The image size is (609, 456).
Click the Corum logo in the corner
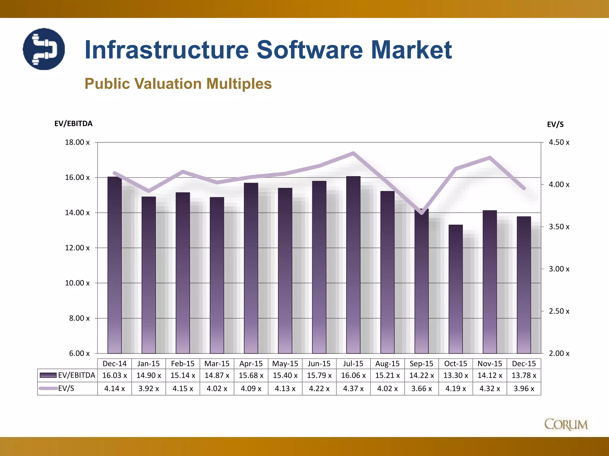coord(566,424)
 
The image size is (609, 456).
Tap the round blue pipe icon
coord(44,49)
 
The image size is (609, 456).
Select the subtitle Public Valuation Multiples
coord(178,84)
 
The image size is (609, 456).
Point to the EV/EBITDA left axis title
coord(73,123)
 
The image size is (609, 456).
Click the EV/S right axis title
coord(555,124)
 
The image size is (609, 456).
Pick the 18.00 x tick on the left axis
coord(77,142)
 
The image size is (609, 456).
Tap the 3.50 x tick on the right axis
coord(559,227)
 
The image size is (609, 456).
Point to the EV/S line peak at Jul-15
coord(353,153)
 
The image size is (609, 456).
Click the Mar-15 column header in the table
coord(217,364)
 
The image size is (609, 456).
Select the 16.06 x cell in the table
coord(353,376)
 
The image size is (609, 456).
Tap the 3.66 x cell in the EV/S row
coord(421,389)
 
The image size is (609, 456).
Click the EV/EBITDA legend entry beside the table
coord(68,375)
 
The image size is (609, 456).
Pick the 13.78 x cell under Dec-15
coord(524,376)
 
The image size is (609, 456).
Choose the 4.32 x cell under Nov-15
coord(489,389)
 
